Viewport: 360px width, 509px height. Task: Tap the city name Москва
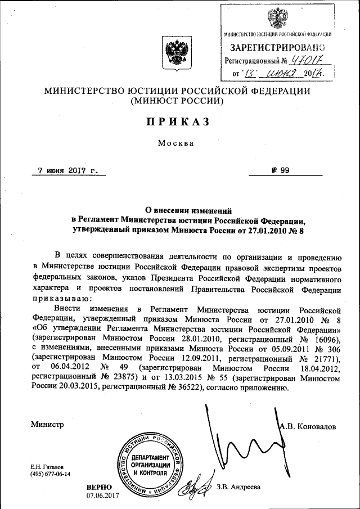click(177, 143)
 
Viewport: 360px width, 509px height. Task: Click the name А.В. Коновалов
click(308, 426)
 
